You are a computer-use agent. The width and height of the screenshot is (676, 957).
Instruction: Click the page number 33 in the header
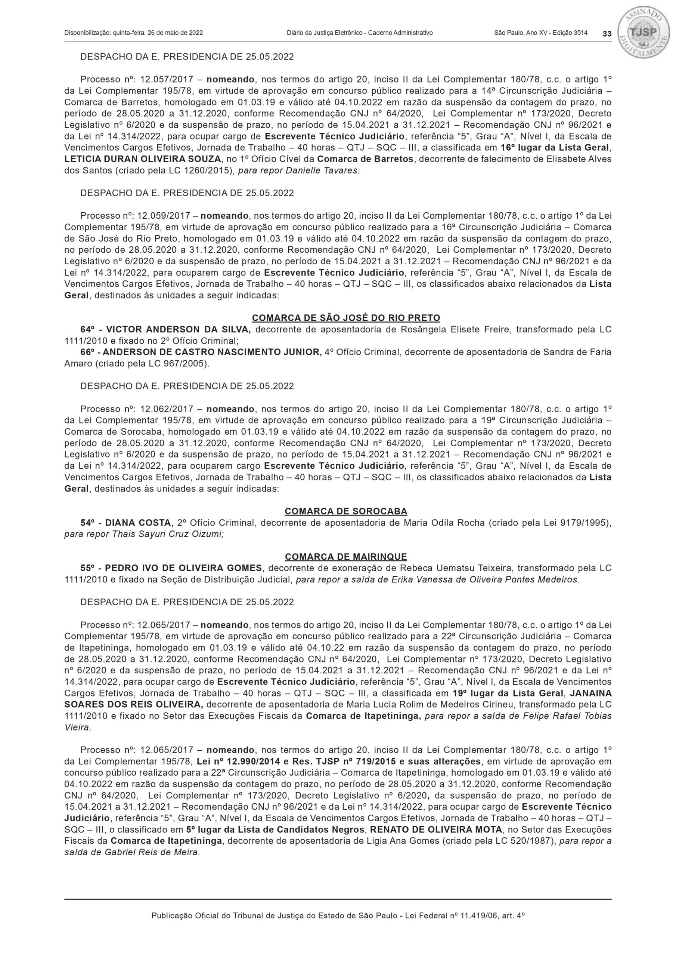coord(607,34)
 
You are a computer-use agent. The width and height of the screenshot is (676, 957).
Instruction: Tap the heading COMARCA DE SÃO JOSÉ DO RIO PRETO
coord(346,318)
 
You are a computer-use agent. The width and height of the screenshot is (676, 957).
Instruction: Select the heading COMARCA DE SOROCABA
coord(346,511)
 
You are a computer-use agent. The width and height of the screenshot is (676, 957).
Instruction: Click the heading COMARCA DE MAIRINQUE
coord(346,557)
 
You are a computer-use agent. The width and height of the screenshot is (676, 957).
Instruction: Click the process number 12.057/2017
coord(164,80)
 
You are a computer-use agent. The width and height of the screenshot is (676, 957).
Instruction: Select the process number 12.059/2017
coord(164,216)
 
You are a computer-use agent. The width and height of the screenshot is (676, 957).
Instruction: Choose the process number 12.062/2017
coord(164,409)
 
